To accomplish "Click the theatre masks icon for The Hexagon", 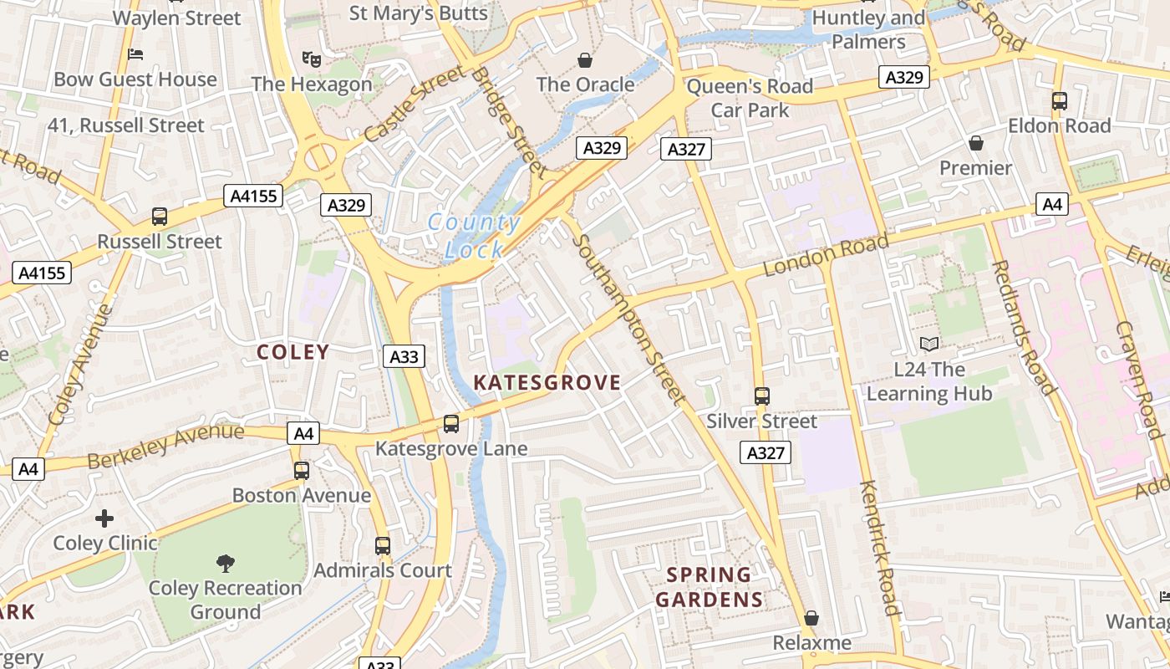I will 311,59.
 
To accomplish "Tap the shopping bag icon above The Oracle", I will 585,60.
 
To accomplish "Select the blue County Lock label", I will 474,236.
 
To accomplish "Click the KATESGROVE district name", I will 547,383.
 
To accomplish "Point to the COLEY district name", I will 293,352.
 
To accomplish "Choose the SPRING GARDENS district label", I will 710,588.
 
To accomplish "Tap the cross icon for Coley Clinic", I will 104,518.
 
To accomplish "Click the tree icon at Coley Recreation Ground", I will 225,563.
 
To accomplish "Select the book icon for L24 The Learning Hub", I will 928,344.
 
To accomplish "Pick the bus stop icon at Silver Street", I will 761,396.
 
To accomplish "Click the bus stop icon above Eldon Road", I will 1059,101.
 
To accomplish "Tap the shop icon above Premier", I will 975,143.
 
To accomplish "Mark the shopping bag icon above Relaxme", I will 811,618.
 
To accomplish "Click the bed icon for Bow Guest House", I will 135,54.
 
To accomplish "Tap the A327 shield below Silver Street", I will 765,453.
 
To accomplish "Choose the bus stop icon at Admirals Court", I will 383,546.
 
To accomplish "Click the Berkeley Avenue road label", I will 165,447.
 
